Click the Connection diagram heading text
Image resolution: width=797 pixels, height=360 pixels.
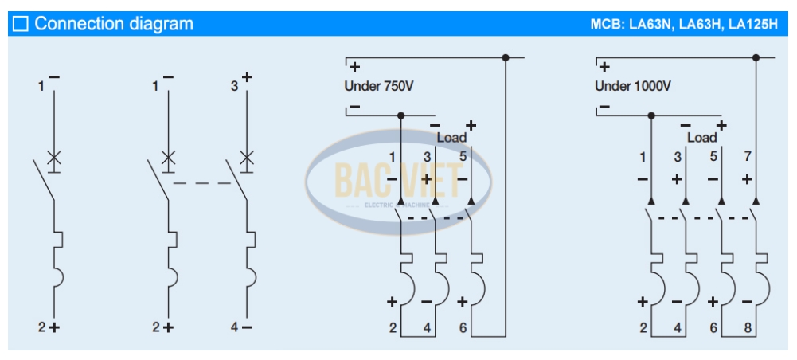pyautogui.click(x=114, y=24)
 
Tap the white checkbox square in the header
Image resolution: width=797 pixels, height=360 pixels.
pyautogui.click(x=21, y=24)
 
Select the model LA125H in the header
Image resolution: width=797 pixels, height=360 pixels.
pyautogui.click(x=753, y=24)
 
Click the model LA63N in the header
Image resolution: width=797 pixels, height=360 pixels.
pyautogui.click(x=650, y=24)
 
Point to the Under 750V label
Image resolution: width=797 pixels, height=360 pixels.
pyautogui.click(x=378, y=85)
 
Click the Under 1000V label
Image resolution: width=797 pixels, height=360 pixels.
pyautogui.click(x=632, y=85)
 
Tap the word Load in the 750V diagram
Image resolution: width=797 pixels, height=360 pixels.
pyautogui.click(x=451, y=138)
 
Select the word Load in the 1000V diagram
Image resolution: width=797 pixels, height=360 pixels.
pyautogui.click(x=701, y=138)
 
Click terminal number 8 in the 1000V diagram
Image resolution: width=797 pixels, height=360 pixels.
pyautogui.click(x=746, y=327)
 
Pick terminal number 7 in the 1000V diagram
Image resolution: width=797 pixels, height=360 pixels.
pyautogui.click(x=746, y=156)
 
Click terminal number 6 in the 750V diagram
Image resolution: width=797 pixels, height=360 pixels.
pyautogui.click(x=463, y=327)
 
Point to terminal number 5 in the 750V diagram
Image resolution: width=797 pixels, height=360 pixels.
pyautogui.click(x=463, y=156)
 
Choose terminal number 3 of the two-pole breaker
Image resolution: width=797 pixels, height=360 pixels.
pyautogui.click(x=234, y=85)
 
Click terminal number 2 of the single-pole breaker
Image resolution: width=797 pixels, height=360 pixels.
pyautogui.click(x=42, y=327)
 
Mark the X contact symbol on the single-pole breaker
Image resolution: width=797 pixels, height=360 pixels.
pyautogui.click(x=54, y=155)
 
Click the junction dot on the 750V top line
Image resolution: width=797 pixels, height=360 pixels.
pyautogui.click(x=505, y=57)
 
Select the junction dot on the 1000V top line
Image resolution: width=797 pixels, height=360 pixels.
pyautogui.click(x=756, y=57)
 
